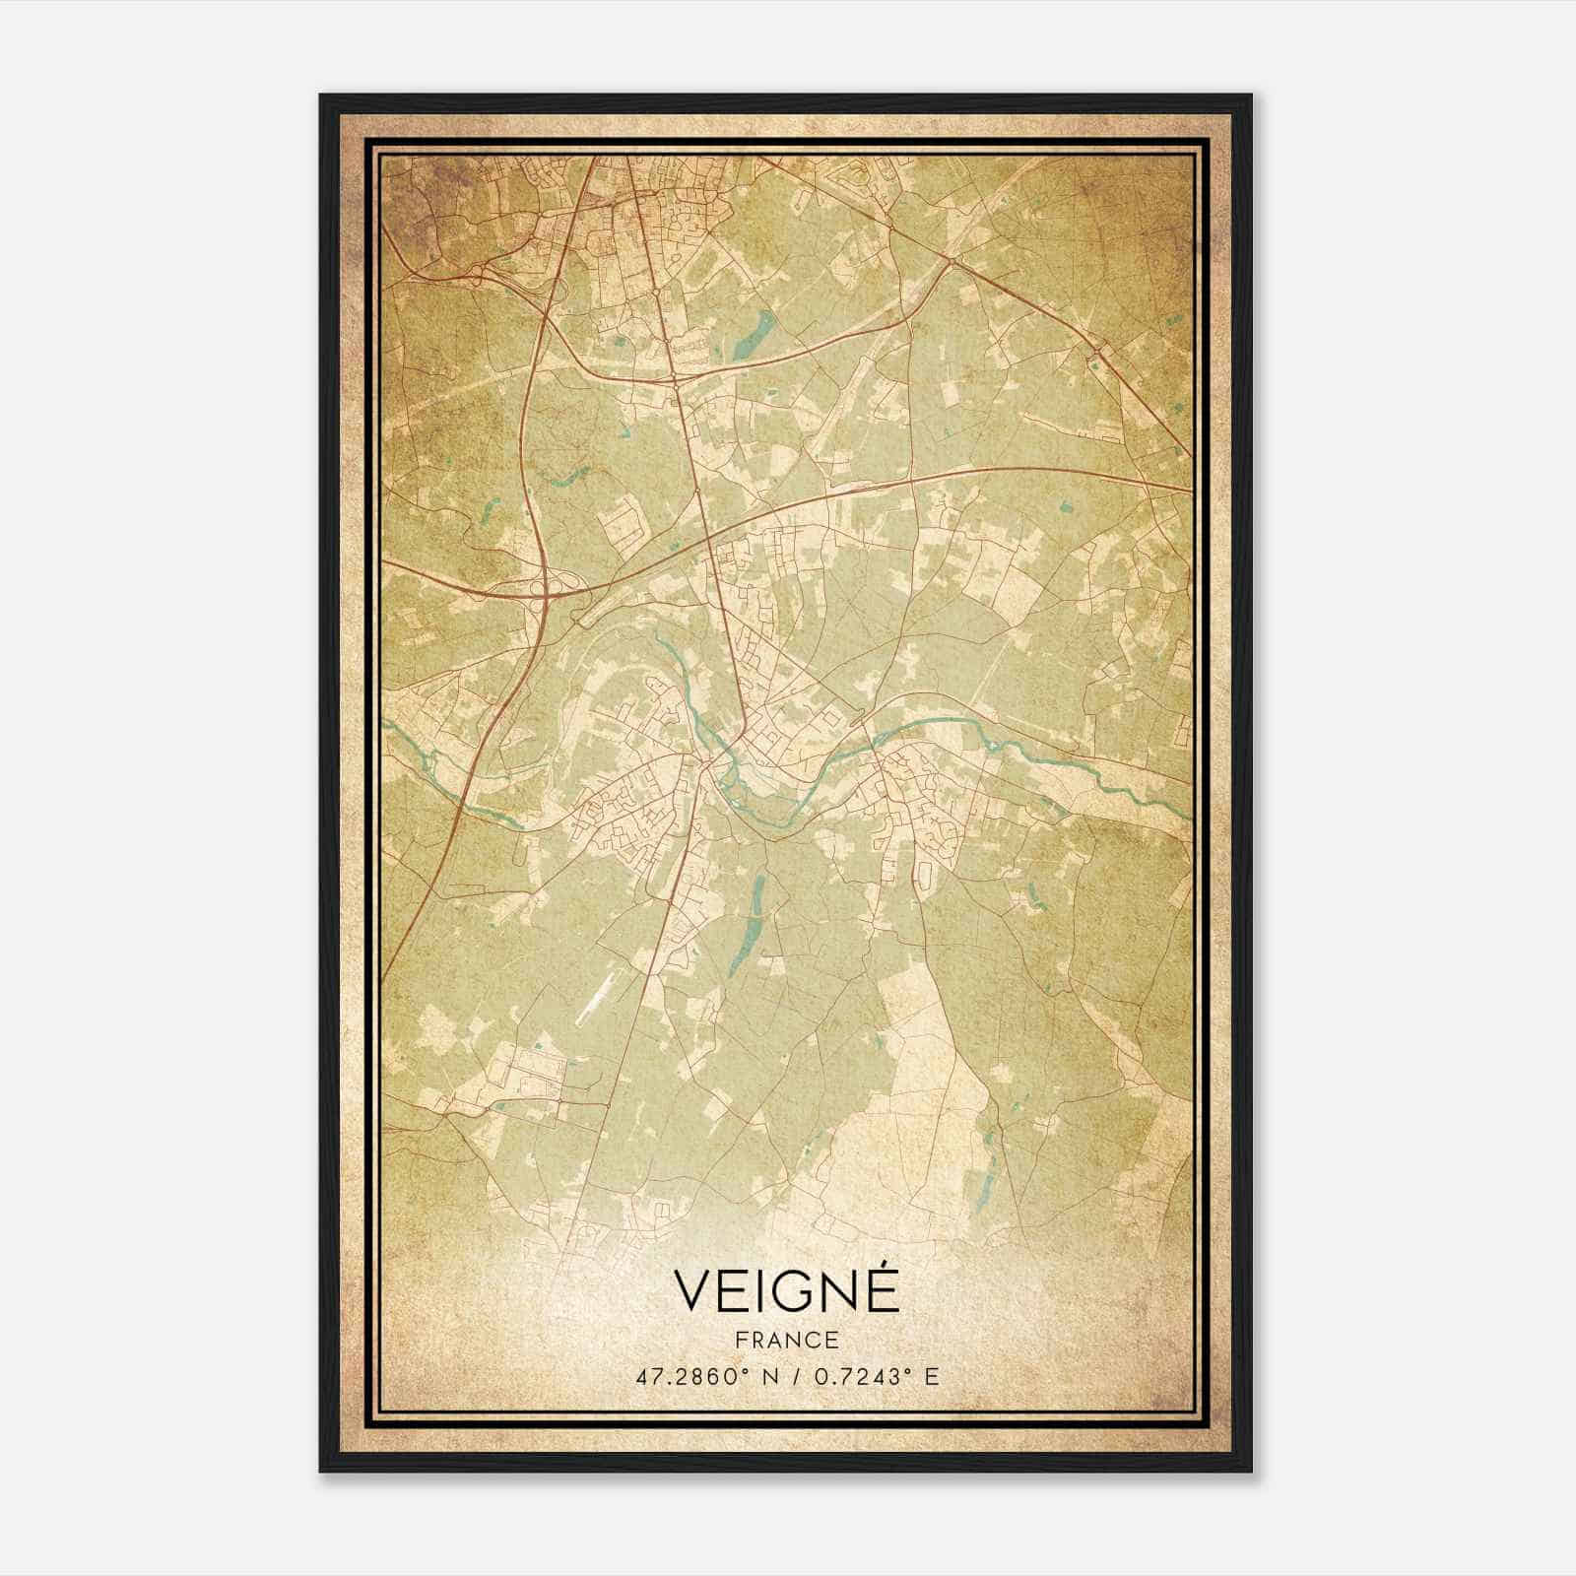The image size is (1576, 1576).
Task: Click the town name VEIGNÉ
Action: (x=786, y=1291)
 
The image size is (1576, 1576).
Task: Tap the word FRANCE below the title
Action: (x=786, y=1341)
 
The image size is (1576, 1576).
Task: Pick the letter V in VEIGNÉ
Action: (x=692, y=1292)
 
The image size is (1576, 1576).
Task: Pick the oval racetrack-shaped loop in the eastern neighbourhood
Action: (x=926, y=871)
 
